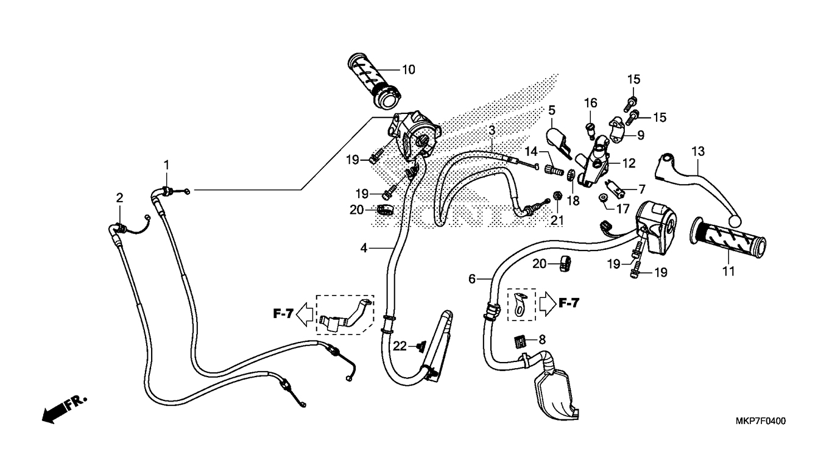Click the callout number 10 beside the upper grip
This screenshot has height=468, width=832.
[409, 70]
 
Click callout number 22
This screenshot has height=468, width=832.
[400, 347]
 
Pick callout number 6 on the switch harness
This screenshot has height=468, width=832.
[472, 278]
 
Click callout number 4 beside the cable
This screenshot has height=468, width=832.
[364, 248]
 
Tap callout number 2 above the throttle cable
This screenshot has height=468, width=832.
[119, 198]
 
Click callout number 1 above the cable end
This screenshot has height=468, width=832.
[167, 165]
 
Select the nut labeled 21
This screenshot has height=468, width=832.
[557, 196]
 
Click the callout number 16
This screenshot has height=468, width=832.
[591, 103]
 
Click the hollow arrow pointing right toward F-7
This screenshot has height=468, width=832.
[547, 303]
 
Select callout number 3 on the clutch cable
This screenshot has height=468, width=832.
[492, 130]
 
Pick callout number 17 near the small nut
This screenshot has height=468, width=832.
[623, 208]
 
